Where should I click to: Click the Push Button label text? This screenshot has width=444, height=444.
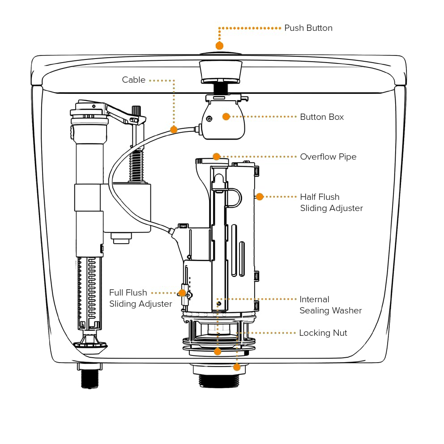(308, 28)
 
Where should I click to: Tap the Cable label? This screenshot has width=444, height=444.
(133, 80)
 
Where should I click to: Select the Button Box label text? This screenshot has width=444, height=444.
(322, 117)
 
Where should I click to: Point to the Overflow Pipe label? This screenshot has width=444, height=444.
(328, 156)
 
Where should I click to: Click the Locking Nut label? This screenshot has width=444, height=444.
(323, 333)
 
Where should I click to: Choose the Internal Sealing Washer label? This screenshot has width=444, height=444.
(331, 305)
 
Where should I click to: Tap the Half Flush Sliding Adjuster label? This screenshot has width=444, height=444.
(332, 203)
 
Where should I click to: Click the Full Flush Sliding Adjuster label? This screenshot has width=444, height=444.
(141, 298)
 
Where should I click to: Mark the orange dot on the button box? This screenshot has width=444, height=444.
(226, 117)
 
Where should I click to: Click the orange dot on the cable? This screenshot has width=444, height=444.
(174, 130)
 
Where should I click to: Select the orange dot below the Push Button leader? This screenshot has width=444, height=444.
(219, 46)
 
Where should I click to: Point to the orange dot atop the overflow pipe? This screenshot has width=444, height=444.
(217, 156)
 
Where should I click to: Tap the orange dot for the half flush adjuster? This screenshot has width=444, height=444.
(260, 197)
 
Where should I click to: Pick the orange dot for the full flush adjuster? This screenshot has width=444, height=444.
(182, 293)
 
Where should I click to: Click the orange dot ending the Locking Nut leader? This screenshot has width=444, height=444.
(237, 368)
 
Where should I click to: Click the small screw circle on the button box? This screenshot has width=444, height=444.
(209, 119)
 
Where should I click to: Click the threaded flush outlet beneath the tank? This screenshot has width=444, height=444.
(219, 381)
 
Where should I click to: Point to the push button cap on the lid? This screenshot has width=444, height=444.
(220, 53)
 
